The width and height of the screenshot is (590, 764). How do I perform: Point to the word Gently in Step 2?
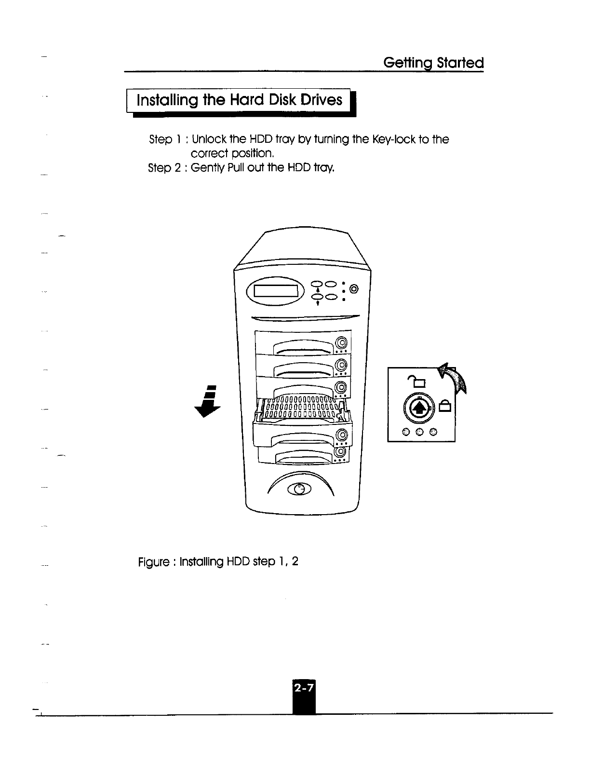[206, 168]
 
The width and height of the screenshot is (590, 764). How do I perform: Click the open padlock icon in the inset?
[419, 382]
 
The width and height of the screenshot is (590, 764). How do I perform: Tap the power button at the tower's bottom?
[299, 489]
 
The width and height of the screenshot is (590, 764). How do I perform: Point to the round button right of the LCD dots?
[354, 289]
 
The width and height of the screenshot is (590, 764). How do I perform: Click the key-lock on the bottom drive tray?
[340, 452]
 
